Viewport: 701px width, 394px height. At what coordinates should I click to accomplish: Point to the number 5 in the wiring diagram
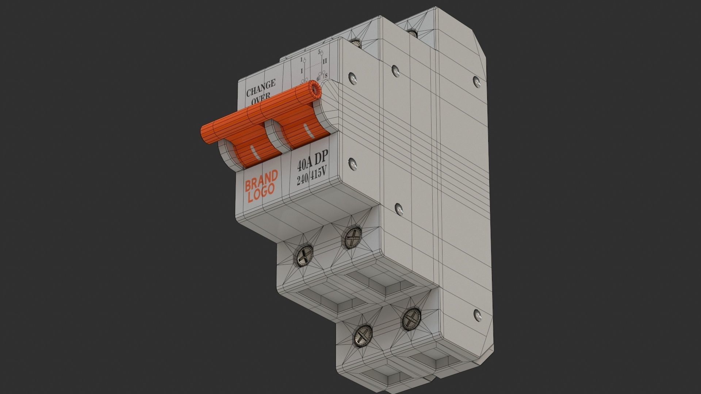pyautogui.click(x=319, y=51)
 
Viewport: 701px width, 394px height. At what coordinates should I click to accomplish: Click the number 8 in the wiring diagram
pyautogui.click(x=326, y=76)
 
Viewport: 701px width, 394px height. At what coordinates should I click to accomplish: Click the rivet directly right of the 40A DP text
pyautogui.click(x=352, y=164)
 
